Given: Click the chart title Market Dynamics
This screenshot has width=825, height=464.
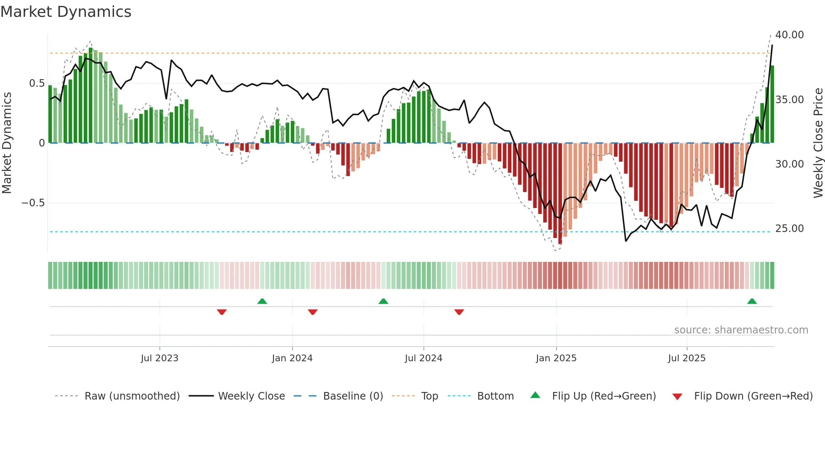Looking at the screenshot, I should [66, 12].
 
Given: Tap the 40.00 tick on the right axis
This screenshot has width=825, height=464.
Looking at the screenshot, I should [789, 35].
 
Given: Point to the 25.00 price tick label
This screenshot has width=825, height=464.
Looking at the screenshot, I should [789, 229].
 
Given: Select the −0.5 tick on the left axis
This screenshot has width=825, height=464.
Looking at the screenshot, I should [33, 203].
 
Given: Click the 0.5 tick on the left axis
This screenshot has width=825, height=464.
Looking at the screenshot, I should [37, 83].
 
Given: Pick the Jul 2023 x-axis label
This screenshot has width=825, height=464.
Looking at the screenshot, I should [160, 358].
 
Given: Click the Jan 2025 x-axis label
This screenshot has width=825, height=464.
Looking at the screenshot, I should [556, 358].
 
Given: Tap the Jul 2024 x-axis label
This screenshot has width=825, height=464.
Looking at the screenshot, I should [423, 358].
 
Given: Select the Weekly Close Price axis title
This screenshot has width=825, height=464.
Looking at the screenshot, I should [818, 143].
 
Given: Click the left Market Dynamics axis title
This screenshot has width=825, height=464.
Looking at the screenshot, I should [7, 143].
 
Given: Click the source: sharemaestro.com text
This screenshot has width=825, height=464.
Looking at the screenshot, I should [741, 330].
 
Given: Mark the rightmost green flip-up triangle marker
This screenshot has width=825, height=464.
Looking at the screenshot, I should [752, 301].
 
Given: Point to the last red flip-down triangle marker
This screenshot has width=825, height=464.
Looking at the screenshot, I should [459, 312].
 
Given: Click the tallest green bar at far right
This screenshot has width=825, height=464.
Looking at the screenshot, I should [772, 105].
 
